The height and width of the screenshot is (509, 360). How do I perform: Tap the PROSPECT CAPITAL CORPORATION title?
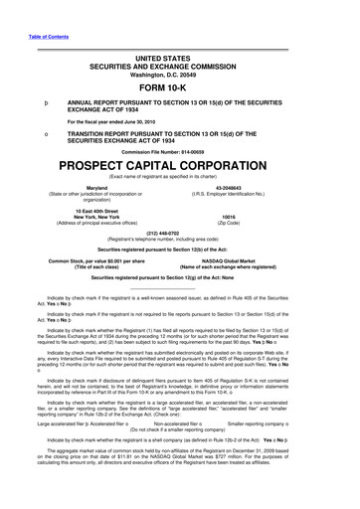click(x=179, y=161)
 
